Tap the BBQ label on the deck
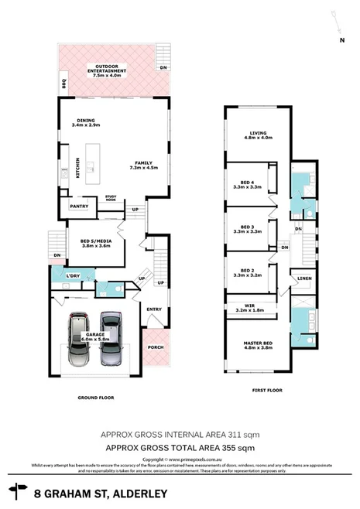pyautogui.click(x=63, y=83)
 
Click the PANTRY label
pyautogui.click(x=77, y=207)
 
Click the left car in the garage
pyautogui.click(x=79, y=338)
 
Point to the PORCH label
pyautogui.click(x=154, y=347)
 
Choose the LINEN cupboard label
pyautogui.click(x=303, y=278)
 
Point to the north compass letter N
pyautogui.click(x=340, y=39)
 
